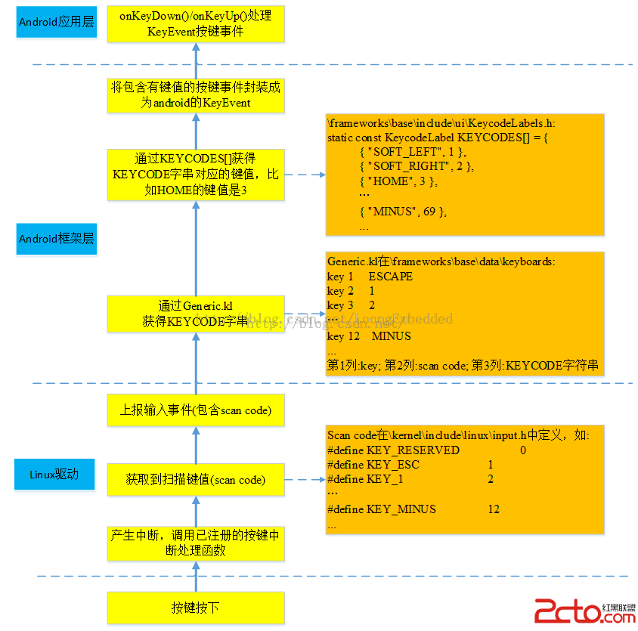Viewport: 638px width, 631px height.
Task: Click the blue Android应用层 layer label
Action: coord(57,23)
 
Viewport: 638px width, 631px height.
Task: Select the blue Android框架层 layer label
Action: coord(57,240)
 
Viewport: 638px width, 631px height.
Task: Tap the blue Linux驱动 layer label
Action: coord(54,475)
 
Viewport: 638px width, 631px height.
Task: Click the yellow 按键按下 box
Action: coord(195,608)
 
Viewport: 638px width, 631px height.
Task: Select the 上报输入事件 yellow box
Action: coord(195,410)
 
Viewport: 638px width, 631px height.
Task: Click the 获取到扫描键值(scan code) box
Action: coord(195,479)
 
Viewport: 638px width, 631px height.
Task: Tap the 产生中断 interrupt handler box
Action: coord(195,543)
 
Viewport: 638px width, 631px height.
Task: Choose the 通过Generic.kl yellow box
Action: coord(195,314)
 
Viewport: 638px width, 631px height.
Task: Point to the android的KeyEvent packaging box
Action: coord(195,95)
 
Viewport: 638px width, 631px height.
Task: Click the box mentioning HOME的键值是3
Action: coord(195,175)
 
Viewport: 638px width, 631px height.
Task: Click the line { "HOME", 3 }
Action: coord(398,181)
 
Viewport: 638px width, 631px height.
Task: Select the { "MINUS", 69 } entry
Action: coord(403,212)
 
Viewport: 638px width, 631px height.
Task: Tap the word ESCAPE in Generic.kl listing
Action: coord(391,277)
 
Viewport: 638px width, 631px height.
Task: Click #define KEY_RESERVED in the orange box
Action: coord(393,450)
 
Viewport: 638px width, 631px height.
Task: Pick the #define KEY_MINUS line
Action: coord(382,509)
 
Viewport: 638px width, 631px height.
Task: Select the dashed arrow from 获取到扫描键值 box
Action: coord(304,479)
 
